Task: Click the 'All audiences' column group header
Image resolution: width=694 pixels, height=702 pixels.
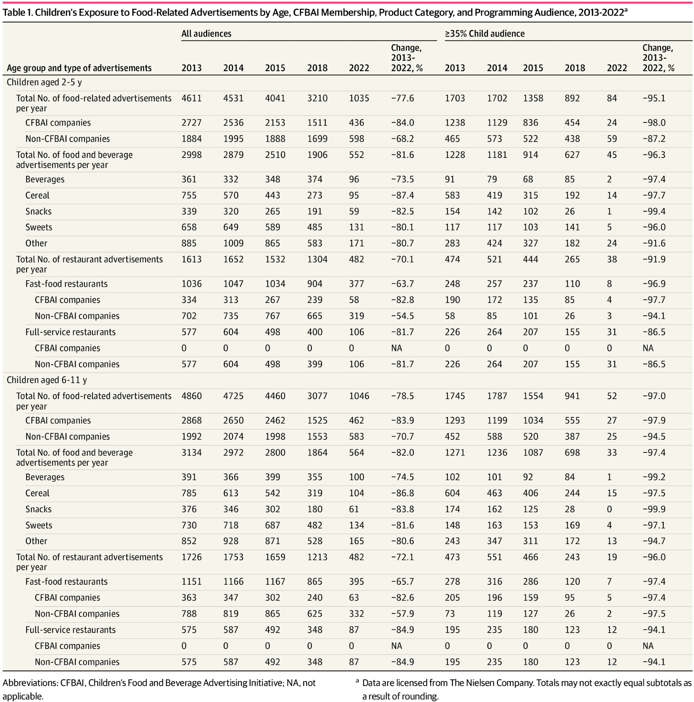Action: (206, 34)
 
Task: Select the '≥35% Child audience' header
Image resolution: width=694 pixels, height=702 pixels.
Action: (484, 34)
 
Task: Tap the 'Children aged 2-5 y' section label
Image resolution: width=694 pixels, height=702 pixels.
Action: (44, 82)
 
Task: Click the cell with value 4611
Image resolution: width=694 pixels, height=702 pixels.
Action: (191, 99)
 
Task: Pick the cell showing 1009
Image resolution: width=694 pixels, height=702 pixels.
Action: (233, 244)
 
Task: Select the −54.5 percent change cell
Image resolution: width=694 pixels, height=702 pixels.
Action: (402, 316)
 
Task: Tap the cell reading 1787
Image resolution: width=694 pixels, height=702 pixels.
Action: (497, 396)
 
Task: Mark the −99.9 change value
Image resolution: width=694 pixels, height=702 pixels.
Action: (654, 509)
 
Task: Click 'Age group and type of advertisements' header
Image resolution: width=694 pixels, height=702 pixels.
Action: (79, 68)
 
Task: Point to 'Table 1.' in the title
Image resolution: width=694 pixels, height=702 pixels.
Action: (17, 13)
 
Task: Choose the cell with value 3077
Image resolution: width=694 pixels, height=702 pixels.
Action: (317, 396)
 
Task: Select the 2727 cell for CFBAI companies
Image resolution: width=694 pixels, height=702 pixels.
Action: (191, 123)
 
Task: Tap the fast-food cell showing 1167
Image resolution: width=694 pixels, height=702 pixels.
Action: (275, 582)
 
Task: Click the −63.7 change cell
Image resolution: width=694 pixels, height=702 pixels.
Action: (402, 284)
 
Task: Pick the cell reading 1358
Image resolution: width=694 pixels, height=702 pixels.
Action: (533, 99)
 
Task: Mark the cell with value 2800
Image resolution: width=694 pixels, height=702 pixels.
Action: (275, 453)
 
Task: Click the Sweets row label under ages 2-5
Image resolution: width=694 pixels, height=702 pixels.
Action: (39, 227)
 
